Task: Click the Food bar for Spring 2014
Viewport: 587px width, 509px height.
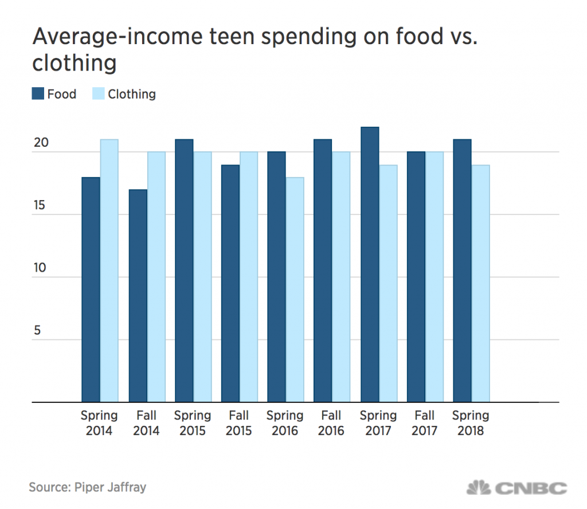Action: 91,290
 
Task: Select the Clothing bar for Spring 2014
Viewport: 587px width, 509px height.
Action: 109,271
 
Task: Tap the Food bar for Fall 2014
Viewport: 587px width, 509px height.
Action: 138,296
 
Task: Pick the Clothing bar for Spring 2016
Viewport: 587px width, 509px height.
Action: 295,290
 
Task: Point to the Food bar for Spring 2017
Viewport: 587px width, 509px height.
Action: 370,265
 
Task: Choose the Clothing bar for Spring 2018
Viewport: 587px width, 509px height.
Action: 480,284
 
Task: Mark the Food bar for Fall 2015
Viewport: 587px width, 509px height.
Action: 230,284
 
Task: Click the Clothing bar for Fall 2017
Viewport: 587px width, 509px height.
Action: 435,277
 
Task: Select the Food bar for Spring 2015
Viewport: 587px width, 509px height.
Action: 184,271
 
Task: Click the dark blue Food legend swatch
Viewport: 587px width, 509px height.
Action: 38,93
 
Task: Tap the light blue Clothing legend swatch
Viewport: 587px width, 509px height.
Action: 98,93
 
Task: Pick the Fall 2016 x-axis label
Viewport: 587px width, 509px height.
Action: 332,423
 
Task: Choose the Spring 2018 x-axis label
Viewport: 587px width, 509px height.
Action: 471,423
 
